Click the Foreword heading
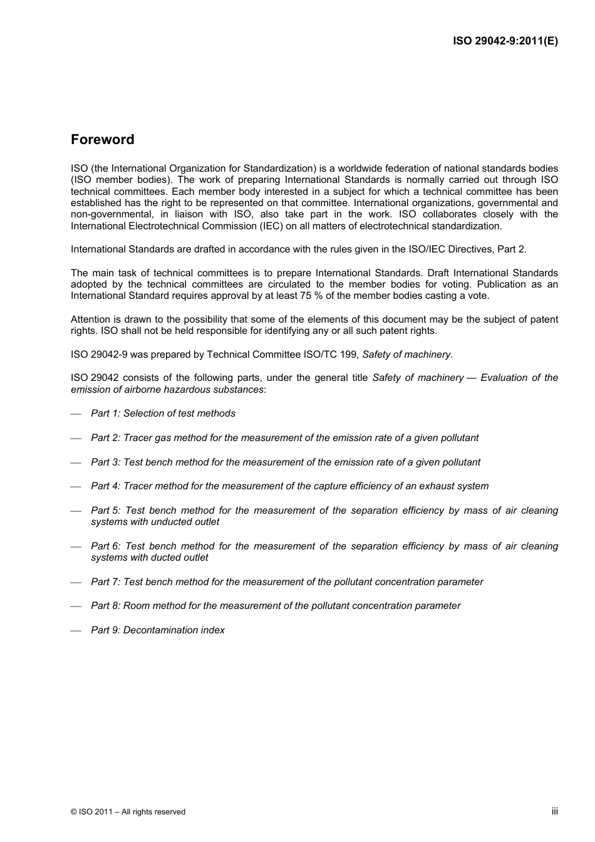(102, 140)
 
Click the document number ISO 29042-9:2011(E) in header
(505, 41)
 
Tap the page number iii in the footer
(554, 811)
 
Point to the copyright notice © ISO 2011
(128, 812)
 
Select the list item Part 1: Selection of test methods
(163, 413)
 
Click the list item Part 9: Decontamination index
(157, 630)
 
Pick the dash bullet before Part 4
(76, 487)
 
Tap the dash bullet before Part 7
(76, 583)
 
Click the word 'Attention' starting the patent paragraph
(90, 320)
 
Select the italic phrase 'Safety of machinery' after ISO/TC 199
(406, 355)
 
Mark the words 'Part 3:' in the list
(105, 462)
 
